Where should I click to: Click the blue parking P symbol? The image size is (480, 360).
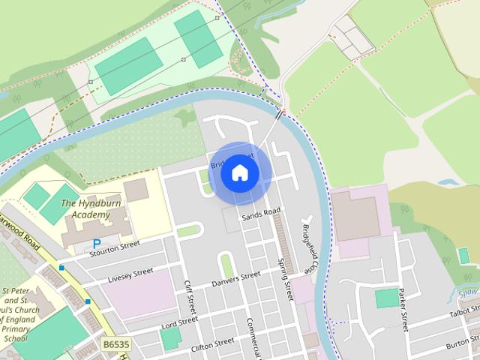[x=97, y=244]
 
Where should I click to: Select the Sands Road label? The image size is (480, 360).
[x=260, y=214]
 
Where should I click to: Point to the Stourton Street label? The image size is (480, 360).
[x=114, y=247]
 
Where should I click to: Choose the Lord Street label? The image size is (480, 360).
[x=179, y=322]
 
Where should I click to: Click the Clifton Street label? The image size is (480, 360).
[x=213, y=344]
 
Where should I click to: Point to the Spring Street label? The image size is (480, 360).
[x=285, y=278]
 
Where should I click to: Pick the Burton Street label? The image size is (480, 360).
[x=463, y=344]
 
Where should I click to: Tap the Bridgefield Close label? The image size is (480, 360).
[x=309, y=247]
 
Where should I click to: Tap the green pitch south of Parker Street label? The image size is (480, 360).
[x=386, y=298]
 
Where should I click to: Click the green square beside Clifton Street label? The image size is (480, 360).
[x=171, y=338]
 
